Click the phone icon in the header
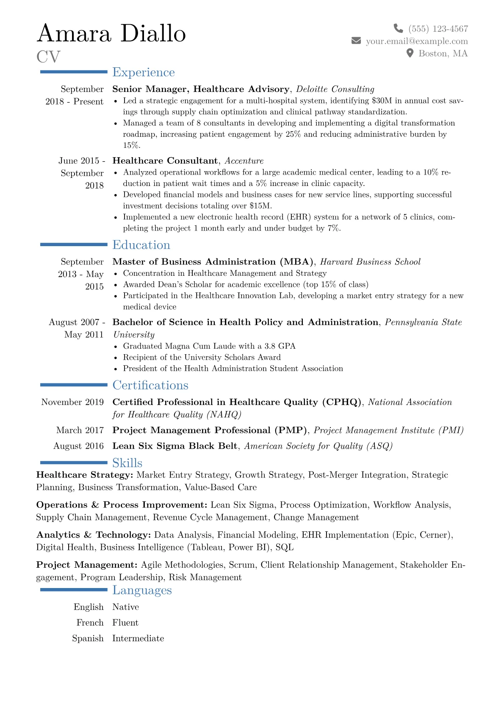click(x=398, y=28)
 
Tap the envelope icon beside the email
click(x=356, y=41)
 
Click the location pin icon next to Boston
click(x=410, y=53)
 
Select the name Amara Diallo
click(x=111, y=33)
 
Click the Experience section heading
click(x=143, y=72)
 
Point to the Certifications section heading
click(x=150, y=385)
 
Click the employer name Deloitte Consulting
click(x=335, y=89)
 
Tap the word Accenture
click(x=244, y=161)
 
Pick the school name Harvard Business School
click(x=370, y=261)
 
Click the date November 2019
click(x=72, y=402)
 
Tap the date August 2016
click(x=78, y=446)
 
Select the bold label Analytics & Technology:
click(x=94, y=535)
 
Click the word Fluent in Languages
click(x=125, y=622)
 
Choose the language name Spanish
click(x=88, y=638)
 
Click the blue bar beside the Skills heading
click(x=74, y=463)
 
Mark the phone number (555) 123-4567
click(x=438, y=28)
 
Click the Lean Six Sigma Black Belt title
click(x=175, y=446)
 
